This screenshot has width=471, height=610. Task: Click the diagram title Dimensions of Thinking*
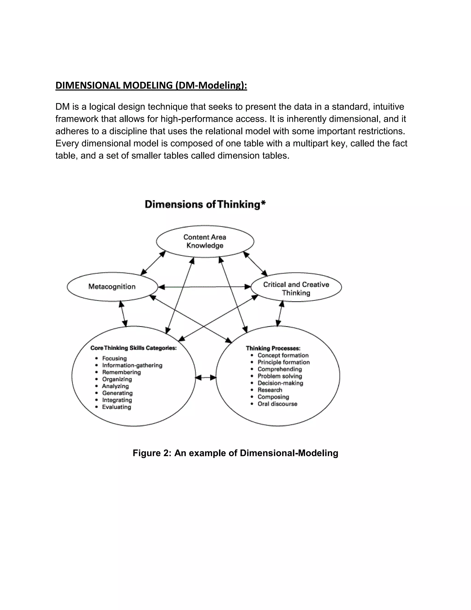pos(205,204)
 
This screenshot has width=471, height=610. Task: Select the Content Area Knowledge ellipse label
pos(205,241)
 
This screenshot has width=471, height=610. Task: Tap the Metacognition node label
pos(112,287)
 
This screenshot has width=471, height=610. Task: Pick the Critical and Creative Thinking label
pos(296,288)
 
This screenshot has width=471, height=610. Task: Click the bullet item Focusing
pos(114,358)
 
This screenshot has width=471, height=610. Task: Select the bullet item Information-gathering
pos(132,365)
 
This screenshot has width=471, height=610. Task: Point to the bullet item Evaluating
pos(117,407)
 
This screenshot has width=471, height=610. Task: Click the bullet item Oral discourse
pos(277,404)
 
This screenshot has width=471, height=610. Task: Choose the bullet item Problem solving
pos(280,376)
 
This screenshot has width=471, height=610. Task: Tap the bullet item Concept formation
pos(283,355)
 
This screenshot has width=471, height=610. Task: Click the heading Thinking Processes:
pos(273,348)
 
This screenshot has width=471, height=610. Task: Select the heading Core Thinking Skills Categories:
pos(133,348)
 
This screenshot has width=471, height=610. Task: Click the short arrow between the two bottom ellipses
pos(206,378)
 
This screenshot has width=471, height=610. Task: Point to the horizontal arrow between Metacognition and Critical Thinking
pos(204,287)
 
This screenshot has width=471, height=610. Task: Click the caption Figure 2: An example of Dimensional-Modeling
pos(235,453)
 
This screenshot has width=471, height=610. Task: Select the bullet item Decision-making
pos(280,383)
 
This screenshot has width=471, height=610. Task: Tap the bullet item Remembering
pos(121,372)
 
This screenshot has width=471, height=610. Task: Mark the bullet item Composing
pos(273,397)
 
